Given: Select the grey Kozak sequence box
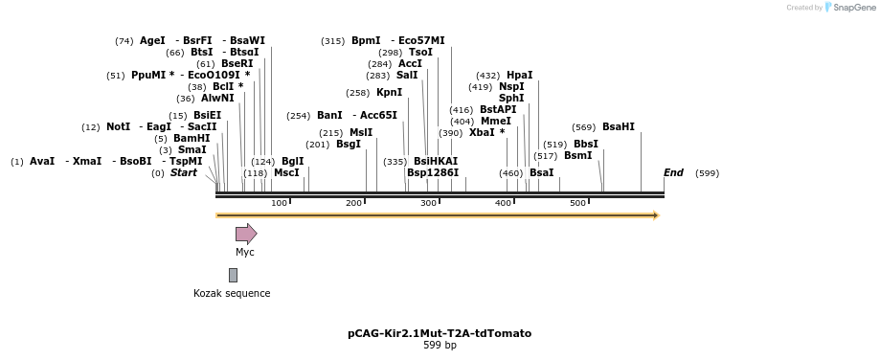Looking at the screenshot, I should [x=233, y=275].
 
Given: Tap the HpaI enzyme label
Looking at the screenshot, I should [x=520, y=76].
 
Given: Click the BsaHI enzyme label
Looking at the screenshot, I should [x=618, y=127].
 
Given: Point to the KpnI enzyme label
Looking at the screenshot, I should [x=389, y=93].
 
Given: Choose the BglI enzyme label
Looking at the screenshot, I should [x=293, y=162].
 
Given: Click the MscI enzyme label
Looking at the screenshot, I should [x=286, y=173].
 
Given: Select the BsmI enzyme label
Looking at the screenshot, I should [x=577, y=155].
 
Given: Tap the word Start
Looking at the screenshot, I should [x=184, y=173].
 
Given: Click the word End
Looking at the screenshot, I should [x=673, y=173].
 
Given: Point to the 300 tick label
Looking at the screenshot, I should [x=428, y=203].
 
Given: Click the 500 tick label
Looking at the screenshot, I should [x=577, y=203].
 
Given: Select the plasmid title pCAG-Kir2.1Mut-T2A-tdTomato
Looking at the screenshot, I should [x=440, y=333].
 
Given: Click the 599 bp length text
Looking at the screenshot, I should [x=440, y=346].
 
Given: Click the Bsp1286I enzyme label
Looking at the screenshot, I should [x=433, y=173].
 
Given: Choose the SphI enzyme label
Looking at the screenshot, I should [x=511, y=98].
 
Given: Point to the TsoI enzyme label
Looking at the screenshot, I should [x=420, y=53].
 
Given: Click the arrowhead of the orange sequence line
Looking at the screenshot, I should [x=656, y=215].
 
